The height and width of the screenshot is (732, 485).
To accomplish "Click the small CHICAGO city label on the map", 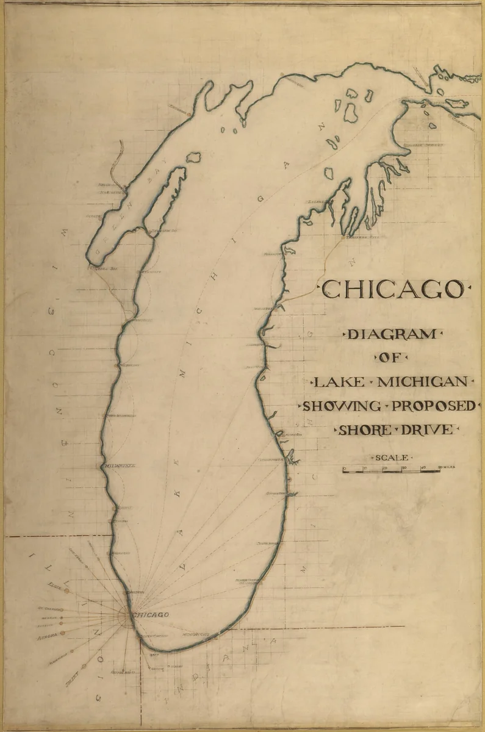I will [150, 615].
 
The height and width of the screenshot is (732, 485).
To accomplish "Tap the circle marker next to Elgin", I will [66, 590].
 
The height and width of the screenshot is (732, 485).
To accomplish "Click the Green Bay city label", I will [98, 267].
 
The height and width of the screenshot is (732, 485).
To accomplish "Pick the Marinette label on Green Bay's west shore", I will [111, 191].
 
